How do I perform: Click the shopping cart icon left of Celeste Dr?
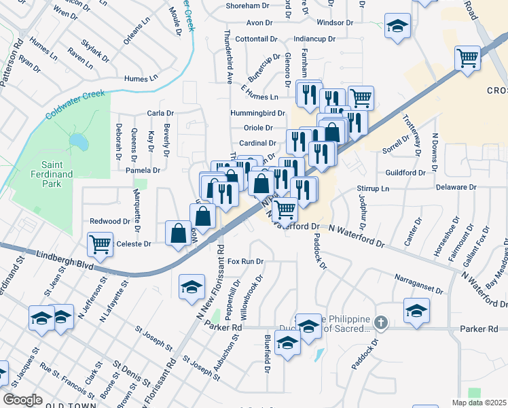[101, 243]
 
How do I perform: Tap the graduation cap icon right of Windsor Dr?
[397, 26]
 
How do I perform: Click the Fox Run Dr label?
[245, 261]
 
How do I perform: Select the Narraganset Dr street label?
[418, 284]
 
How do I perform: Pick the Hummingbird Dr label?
[257, 112]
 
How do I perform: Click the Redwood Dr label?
[109, 221]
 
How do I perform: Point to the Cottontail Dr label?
[256, 39]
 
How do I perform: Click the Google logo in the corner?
[22, 399]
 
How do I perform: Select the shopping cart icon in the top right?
[467, 58]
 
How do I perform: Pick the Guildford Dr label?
[405, 173]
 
